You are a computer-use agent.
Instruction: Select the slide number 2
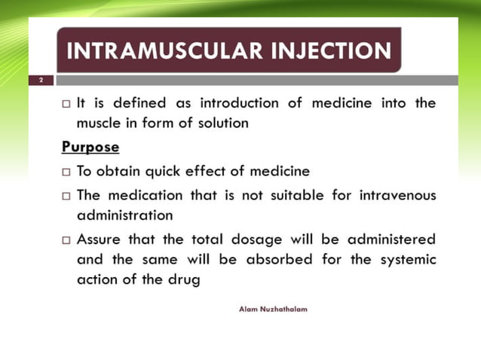click(41, 80)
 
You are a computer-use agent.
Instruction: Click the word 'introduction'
click(240, 103)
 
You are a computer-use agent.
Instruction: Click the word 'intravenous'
click(394, 195)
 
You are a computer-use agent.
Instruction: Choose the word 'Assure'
click(102, 239)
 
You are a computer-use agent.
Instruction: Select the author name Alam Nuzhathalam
click(272, 309)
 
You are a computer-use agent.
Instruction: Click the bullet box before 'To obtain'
click(66, 172)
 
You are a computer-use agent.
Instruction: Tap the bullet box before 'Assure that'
click(66, 240)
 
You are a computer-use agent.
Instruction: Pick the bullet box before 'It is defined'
click(66, 104)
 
